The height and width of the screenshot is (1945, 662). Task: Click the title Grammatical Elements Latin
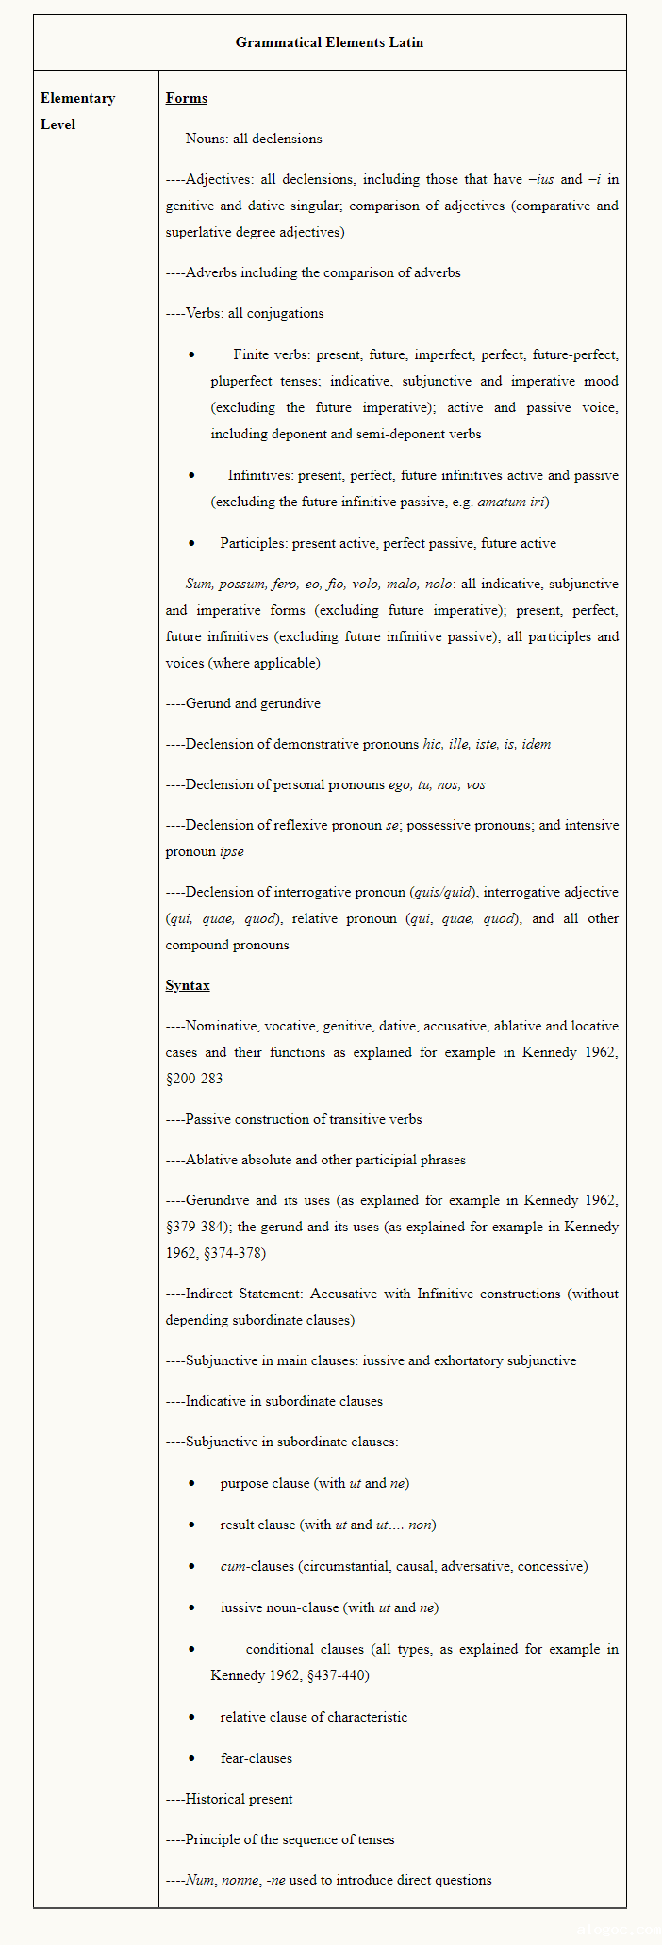pos(329,42)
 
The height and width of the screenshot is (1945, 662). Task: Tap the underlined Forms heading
pos(186,98)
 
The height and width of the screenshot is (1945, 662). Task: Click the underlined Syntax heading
pos(188,985)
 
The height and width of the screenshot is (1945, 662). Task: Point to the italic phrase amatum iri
pos(511,502)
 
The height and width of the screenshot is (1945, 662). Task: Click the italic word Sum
pos(199,584)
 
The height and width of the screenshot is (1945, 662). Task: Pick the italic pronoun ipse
pos(232,851)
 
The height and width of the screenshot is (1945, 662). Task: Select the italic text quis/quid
pos(441,892)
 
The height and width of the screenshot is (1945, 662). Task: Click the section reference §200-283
pos(194,1079)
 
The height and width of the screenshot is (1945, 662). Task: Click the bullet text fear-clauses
pos(257,1758)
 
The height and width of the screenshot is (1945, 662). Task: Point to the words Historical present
pos(239,1799)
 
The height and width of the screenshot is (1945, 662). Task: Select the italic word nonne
pos(240,1880)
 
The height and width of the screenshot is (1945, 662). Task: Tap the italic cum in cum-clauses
pos(233,1566)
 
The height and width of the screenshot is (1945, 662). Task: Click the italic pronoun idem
pos(537,744)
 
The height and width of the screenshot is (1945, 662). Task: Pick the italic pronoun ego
pos(400,784)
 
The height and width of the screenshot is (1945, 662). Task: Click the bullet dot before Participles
pos(191,543)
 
